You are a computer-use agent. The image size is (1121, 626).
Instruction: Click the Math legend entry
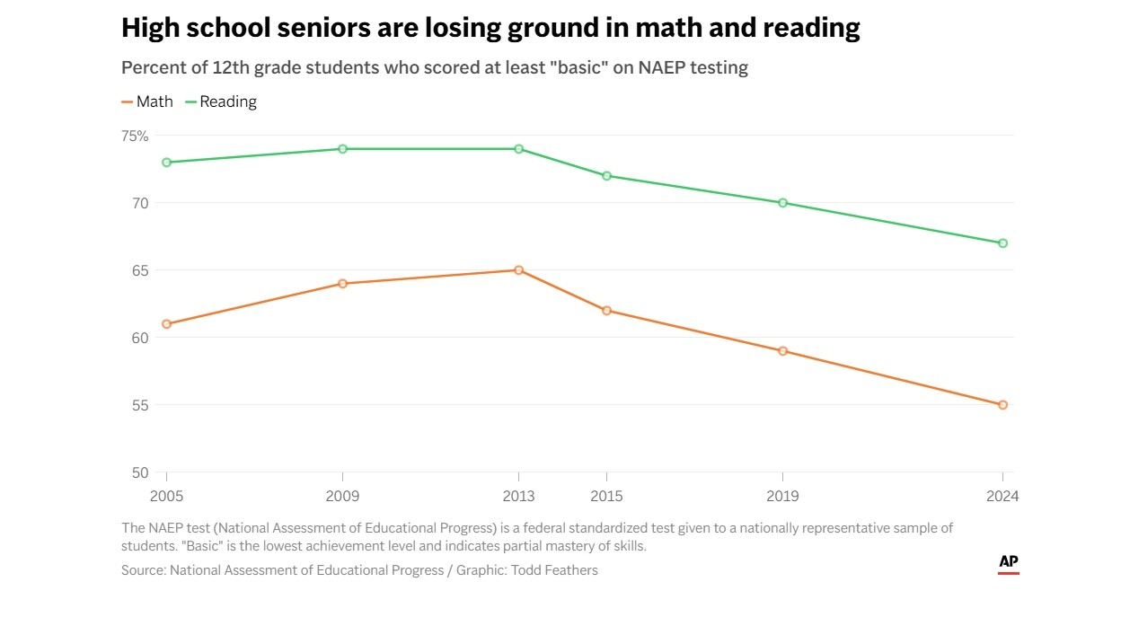point(147,101)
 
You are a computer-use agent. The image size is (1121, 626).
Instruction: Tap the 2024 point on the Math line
point(1002,405)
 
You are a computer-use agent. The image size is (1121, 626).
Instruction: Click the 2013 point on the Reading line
point(519,149)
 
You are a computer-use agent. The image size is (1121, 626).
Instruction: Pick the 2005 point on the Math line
point(167,324)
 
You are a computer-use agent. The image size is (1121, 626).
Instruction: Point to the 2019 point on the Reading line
point(782,203)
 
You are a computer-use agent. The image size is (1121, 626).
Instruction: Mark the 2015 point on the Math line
point(606,311)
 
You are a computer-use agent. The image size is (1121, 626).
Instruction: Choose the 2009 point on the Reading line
point(342,149)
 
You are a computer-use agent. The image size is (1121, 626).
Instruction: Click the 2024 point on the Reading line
point(1002,243)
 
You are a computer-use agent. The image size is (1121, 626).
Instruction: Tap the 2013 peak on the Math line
point(519,270)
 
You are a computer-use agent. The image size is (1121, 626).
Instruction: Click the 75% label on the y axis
point(135,136)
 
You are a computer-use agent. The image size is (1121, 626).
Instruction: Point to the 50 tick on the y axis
point(140,472)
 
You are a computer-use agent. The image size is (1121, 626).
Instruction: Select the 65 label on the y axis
point(140,270)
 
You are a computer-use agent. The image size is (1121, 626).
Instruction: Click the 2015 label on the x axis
point(606,497)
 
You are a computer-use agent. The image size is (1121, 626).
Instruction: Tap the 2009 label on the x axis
point(342,497)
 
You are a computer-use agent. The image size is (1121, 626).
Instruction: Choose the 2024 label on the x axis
point(1002,497)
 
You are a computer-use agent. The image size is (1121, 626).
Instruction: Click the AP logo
point(1009,563)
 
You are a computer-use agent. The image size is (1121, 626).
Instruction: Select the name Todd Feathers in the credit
point(553,569)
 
